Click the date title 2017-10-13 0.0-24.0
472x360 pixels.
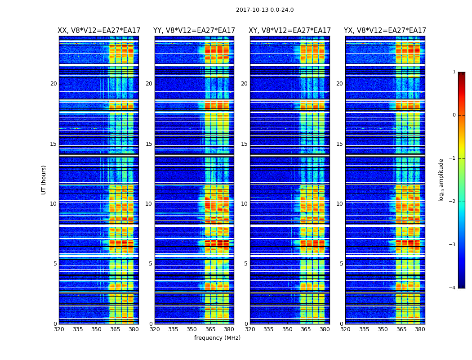265,10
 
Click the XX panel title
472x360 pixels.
99,31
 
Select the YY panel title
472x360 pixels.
194,31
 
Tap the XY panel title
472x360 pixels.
290,31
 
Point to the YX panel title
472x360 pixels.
385,31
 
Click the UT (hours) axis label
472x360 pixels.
44,180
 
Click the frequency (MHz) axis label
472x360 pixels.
217,338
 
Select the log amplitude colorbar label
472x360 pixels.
441,180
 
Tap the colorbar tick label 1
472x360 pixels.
454,72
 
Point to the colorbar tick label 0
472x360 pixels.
454,115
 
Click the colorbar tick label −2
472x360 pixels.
453,202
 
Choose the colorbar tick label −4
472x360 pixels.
453,288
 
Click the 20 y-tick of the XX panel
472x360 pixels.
53,84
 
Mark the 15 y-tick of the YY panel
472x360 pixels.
149,144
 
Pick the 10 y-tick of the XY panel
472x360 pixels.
244,204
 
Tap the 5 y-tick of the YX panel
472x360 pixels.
341,264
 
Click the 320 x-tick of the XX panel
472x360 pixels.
59,329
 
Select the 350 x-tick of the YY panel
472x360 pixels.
192,329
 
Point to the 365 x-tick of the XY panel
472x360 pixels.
306,329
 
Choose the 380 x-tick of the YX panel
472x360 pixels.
420,329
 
